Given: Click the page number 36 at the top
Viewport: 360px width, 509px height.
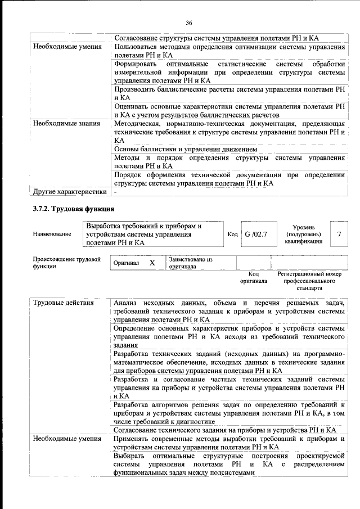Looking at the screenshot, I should click(x=189, y=22).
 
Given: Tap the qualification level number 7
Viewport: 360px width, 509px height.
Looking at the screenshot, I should click(x=338, y=233).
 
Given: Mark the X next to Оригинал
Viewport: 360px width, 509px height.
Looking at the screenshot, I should click(x=152, y=263).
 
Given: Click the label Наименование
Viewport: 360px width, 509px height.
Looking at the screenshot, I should click(x=52, y=234).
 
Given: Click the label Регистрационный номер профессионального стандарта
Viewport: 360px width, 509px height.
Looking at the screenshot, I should click(x=309, y=281).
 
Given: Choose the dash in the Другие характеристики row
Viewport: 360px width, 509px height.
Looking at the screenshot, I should click(x=115, y=192).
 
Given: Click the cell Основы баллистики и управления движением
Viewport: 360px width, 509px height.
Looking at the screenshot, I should click(x=185, y=149).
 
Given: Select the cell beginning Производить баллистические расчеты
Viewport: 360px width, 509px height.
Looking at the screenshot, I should click(x=229, y=93).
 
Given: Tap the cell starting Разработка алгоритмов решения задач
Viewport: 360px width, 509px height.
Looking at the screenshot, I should click(x=229, y=413).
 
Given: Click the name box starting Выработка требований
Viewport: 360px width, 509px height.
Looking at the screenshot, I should click(x=152, y=234).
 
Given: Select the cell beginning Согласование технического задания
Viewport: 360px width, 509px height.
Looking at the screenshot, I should click(x=224, y=430).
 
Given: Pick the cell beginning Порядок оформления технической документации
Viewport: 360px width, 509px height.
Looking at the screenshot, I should click(x=229, y=179).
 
